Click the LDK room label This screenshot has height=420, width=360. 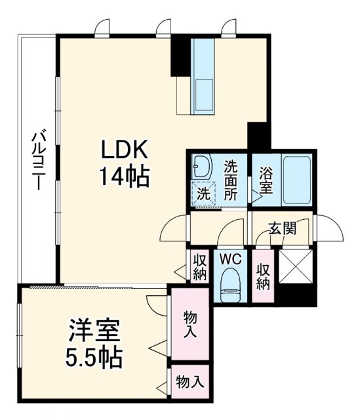coord(125,150)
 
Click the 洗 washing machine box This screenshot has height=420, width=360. coord(204,194)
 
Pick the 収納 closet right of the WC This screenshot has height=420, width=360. coord(264,275)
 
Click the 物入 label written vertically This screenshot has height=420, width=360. coord(189,324)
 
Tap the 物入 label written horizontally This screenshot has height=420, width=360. coord(189,383)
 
